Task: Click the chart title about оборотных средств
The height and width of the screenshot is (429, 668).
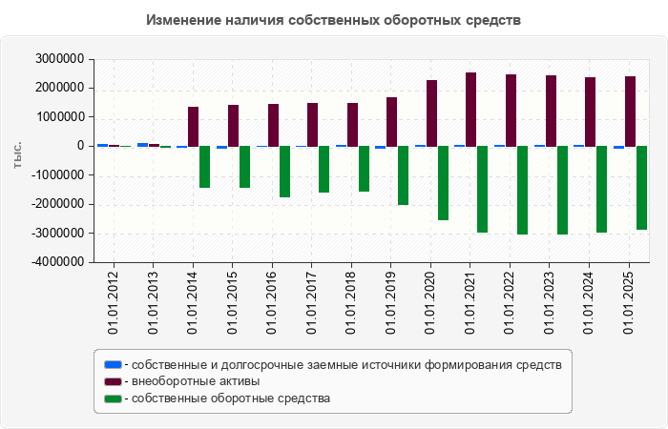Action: (x=334, y=20)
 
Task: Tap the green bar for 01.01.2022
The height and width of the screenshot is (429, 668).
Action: (x=522, y=190)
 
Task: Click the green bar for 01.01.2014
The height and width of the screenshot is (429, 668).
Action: (x=204, y=167)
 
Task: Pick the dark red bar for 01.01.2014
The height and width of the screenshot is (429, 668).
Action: (x=193, y=126)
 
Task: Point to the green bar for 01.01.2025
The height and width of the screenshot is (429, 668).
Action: (x=641, y=188)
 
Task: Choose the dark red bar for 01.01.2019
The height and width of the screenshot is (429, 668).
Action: (x=391, y=121)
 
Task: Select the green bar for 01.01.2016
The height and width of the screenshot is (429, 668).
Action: (x=284, y=172)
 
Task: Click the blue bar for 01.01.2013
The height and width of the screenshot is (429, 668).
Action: (x=142, y=144)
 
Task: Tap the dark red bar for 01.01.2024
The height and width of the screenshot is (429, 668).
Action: (x=591, y=112)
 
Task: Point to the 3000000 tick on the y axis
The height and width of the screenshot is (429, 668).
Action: (x=57, y=59)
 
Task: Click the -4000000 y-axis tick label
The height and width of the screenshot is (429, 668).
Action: (x=55, y=262)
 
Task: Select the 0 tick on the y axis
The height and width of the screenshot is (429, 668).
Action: (x=80, y=146)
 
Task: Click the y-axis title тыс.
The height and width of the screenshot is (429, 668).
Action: (x=18, y=158)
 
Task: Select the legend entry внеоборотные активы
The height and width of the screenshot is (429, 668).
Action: (x=196, y=381)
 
